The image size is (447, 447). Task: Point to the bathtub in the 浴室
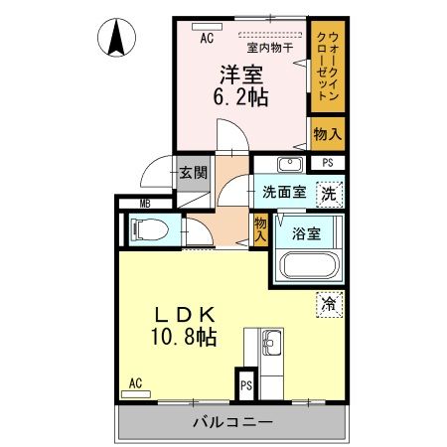coord(306,266)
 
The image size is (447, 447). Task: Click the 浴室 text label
coord(307,234)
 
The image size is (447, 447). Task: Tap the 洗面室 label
coord(282,193)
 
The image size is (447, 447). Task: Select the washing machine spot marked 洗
coord(329,194)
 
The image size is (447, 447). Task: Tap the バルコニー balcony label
coord(231,423)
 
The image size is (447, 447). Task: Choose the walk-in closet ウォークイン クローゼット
coord(325,67)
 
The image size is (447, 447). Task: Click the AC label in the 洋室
coord(206,39)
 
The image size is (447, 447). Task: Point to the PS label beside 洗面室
coord(329,164)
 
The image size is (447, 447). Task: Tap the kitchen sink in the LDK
coord(271,347)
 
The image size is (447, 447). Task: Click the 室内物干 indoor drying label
coord(266,46)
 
